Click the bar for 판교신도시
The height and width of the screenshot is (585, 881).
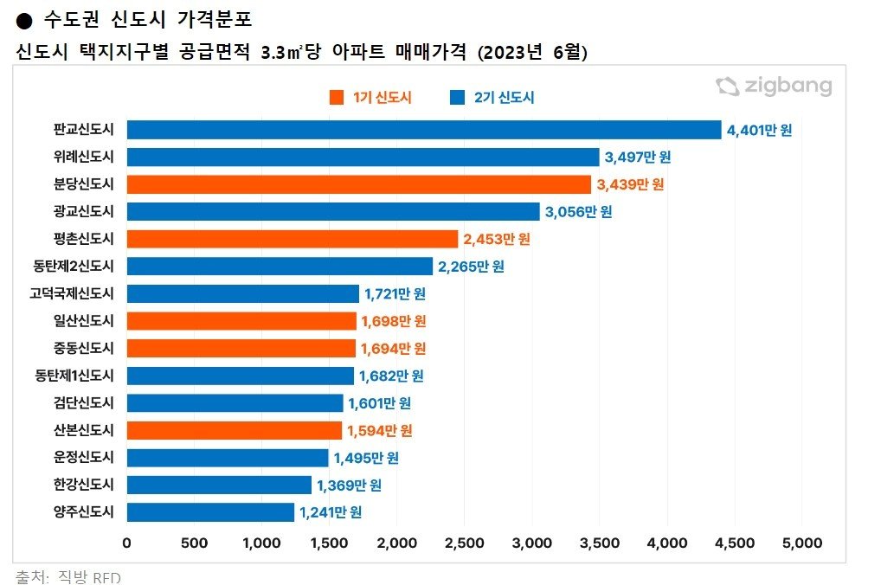(x=424, y=130)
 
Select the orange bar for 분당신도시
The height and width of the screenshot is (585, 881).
(x=359, y=184)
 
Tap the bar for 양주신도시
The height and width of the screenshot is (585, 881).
(x=210, y=512)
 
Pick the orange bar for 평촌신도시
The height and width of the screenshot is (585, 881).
(x=293, y=239)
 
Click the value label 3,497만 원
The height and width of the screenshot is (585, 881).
(x=638, y=157)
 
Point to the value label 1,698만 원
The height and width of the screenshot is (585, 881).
(x=395, y=321)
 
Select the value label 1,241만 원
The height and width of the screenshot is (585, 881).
(x=330, y=512)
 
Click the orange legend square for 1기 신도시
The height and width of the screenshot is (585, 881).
(x=337, y=98)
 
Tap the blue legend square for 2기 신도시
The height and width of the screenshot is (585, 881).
(x=458, y=98)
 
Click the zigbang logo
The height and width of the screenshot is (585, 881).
(x=773, y=87)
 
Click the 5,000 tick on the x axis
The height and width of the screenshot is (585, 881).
(x=801, y=543)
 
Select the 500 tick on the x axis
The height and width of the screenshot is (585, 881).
(x=195, y=543)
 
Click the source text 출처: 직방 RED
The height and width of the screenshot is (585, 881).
(x=68, y=576)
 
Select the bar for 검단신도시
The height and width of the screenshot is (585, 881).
(x=235, y=403)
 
